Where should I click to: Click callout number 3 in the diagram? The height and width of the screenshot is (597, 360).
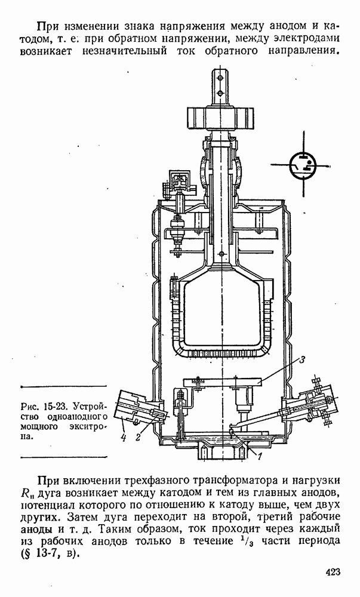pyautogui.click(x=301, y=360)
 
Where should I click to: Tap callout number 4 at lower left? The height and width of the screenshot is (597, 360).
pyautogui.click(x=123, y=438)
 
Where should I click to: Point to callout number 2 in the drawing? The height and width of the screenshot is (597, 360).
pyautogui.click(x=138, y=437)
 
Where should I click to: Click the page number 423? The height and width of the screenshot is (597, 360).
pyautogui.click(x=333, y=572)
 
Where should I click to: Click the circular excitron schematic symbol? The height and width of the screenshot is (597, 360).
pyautogui.click(x=304, y=165)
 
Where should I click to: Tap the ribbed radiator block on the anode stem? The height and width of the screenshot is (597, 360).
pyautogui.click(x=220, y=118)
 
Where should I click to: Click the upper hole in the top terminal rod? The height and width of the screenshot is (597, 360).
pyautogui.click(x=220, y=78)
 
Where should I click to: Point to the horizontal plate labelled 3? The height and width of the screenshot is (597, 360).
pyautogui.click(x=223, y=381)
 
